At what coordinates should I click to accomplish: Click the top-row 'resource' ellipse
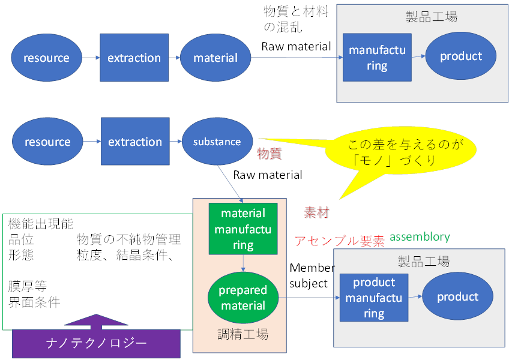click(46, 58)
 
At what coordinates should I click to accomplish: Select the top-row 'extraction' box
click(134, 58)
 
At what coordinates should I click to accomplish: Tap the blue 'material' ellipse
click(215, 58)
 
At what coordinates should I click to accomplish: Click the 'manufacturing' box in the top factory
click(377, 58)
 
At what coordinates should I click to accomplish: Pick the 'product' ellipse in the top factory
click(461, 56)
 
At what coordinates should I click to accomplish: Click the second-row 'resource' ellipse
click(47, 142)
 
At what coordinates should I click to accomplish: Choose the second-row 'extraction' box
click(135, 142)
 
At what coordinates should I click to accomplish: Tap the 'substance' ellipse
click(217, 142)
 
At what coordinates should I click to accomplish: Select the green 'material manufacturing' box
click(243, 229)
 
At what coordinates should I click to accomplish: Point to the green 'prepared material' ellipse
click(243, 298)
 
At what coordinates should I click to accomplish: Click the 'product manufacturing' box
click(374, 298)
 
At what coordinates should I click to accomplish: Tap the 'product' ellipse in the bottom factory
click(458, 298)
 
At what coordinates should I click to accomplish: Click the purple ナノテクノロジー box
click(96, 344)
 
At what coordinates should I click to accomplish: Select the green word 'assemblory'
click(420, 237)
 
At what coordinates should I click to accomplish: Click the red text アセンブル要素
click(340, 241)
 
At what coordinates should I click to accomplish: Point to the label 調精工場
click(242, 334)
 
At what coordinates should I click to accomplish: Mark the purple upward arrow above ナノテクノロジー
click(97, 321)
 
